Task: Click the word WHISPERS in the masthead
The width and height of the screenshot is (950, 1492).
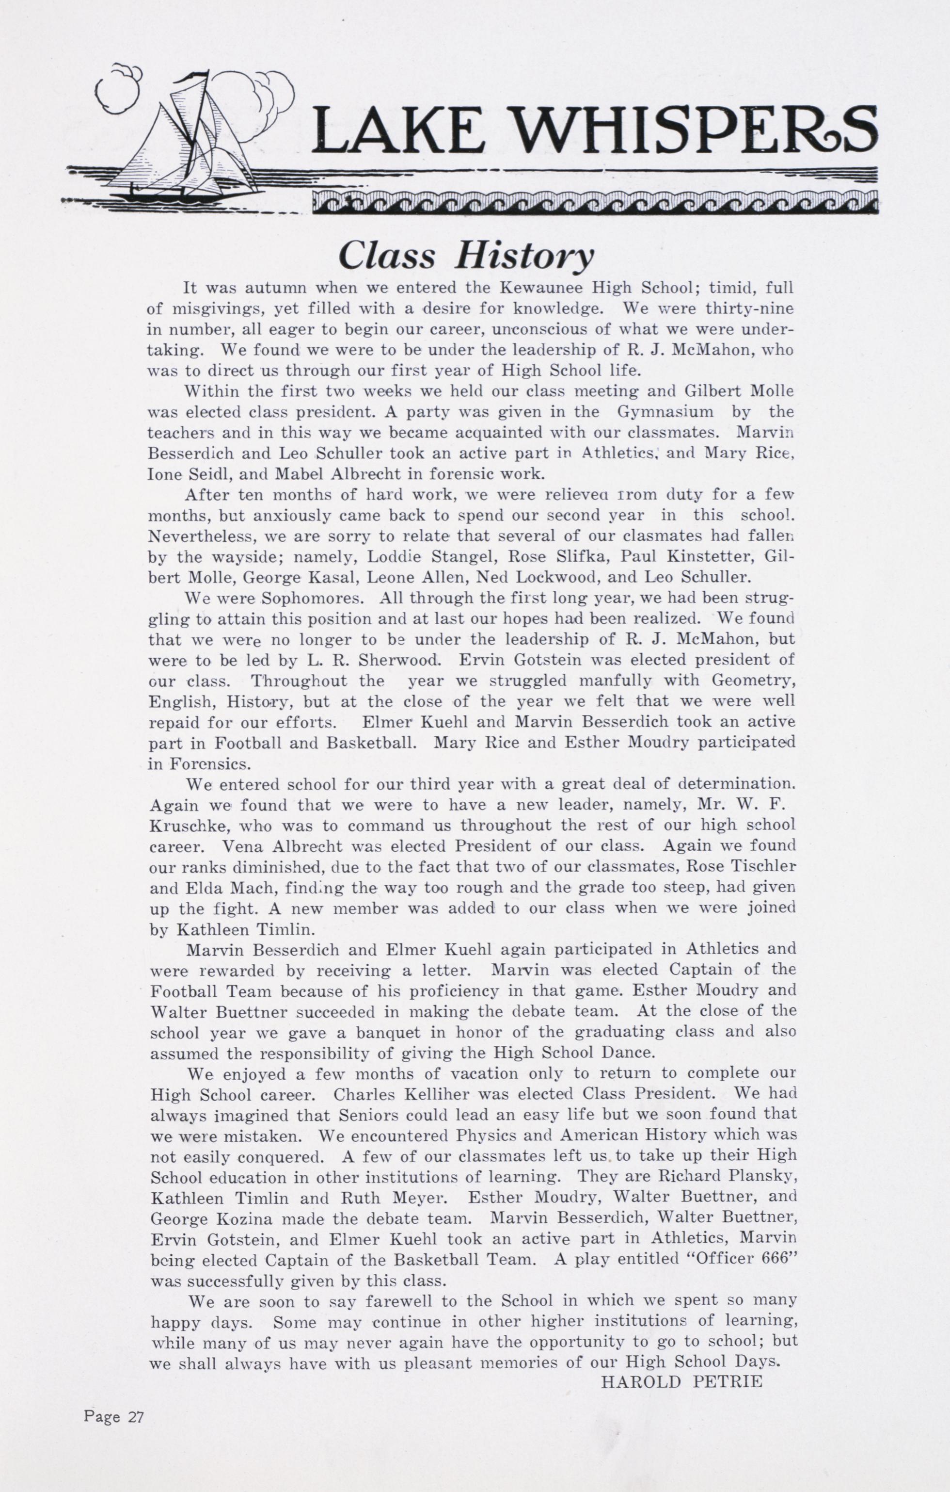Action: tap(696, 131)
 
